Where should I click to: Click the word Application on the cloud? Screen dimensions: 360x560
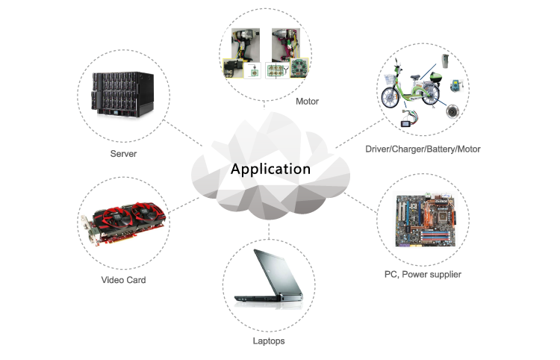[270, 169]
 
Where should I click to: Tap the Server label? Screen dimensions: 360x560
[123, 154]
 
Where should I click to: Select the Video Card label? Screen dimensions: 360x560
[123, 280]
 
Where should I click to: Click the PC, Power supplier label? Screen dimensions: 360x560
[423, 274]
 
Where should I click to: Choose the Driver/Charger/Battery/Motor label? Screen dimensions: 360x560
[423, 149]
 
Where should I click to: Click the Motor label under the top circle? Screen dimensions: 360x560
[307, 101]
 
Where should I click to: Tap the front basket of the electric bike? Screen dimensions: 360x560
[389, 76]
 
